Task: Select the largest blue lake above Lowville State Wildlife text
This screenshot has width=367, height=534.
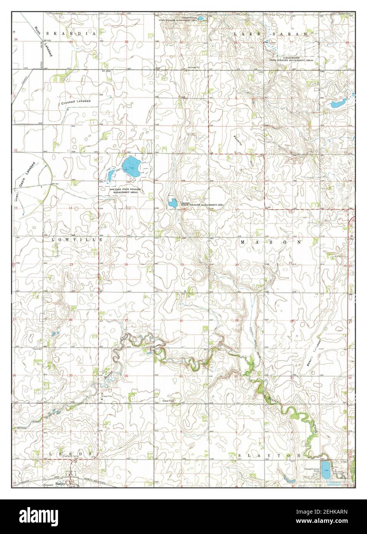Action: (131, 167)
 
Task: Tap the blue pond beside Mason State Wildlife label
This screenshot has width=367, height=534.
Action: (172, 203)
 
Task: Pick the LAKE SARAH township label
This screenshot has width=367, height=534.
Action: (271, 34)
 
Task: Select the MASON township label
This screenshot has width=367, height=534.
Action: (271, 242)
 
